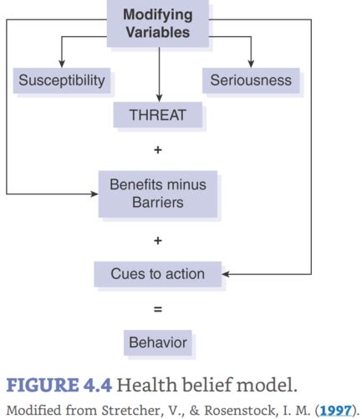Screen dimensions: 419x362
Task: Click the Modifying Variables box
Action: (x=156, y=23)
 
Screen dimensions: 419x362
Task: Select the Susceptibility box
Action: (x=61, y=81)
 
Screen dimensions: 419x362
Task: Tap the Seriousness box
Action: (x=251, y=81)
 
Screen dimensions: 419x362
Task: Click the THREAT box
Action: (x=157, y=116)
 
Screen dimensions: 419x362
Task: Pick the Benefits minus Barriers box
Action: (x=157, y=193)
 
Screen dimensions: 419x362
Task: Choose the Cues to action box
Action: (x=157, y=273)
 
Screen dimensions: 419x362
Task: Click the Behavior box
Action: (x=157, y=342)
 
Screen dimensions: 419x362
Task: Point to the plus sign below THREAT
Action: (x=157, y=150)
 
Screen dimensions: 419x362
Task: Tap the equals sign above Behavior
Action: (x=157, y=308)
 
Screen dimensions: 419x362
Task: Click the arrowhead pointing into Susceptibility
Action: (x=61, y=65)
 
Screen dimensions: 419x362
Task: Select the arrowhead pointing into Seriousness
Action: (x=251, y=65)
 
